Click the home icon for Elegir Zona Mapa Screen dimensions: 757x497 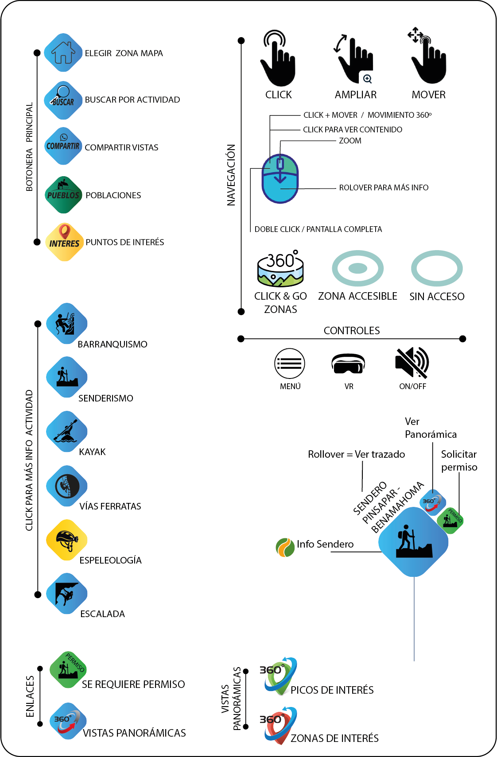coord(63,53)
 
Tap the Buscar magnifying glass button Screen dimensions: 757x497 coord(63,100)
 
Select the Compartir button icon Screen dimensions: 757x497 coord(63,146)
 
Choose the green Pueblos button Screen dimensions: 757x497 coord(63,194)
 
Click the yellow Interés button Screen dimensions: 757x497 coord(64,242)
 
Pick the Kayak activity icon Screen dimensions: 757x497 coord(66,431)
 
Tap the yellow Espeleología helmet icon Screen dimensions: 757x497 coord(66,540)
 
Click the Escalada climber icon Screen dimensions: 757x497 coord(66,594)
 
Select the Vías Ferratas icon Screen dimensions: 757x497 coord(66,486)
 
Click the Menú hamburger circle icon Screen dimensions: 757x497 coord(290,363)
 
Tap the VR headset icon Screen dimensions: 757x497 coord(348,363)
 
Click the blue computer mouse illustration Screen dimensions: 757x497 coord(280,179)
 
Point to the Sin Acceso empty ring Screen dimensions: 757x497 coord(437,268)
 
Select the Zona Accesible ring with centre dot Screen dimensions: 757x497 coord(357,268)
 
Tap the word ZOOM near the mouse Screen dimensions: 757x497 coord(350,141)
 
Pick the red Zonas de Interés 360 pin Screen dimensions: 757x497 coord(279,725)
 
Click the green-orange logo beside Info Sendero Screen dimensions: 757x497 coord(285,547)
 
